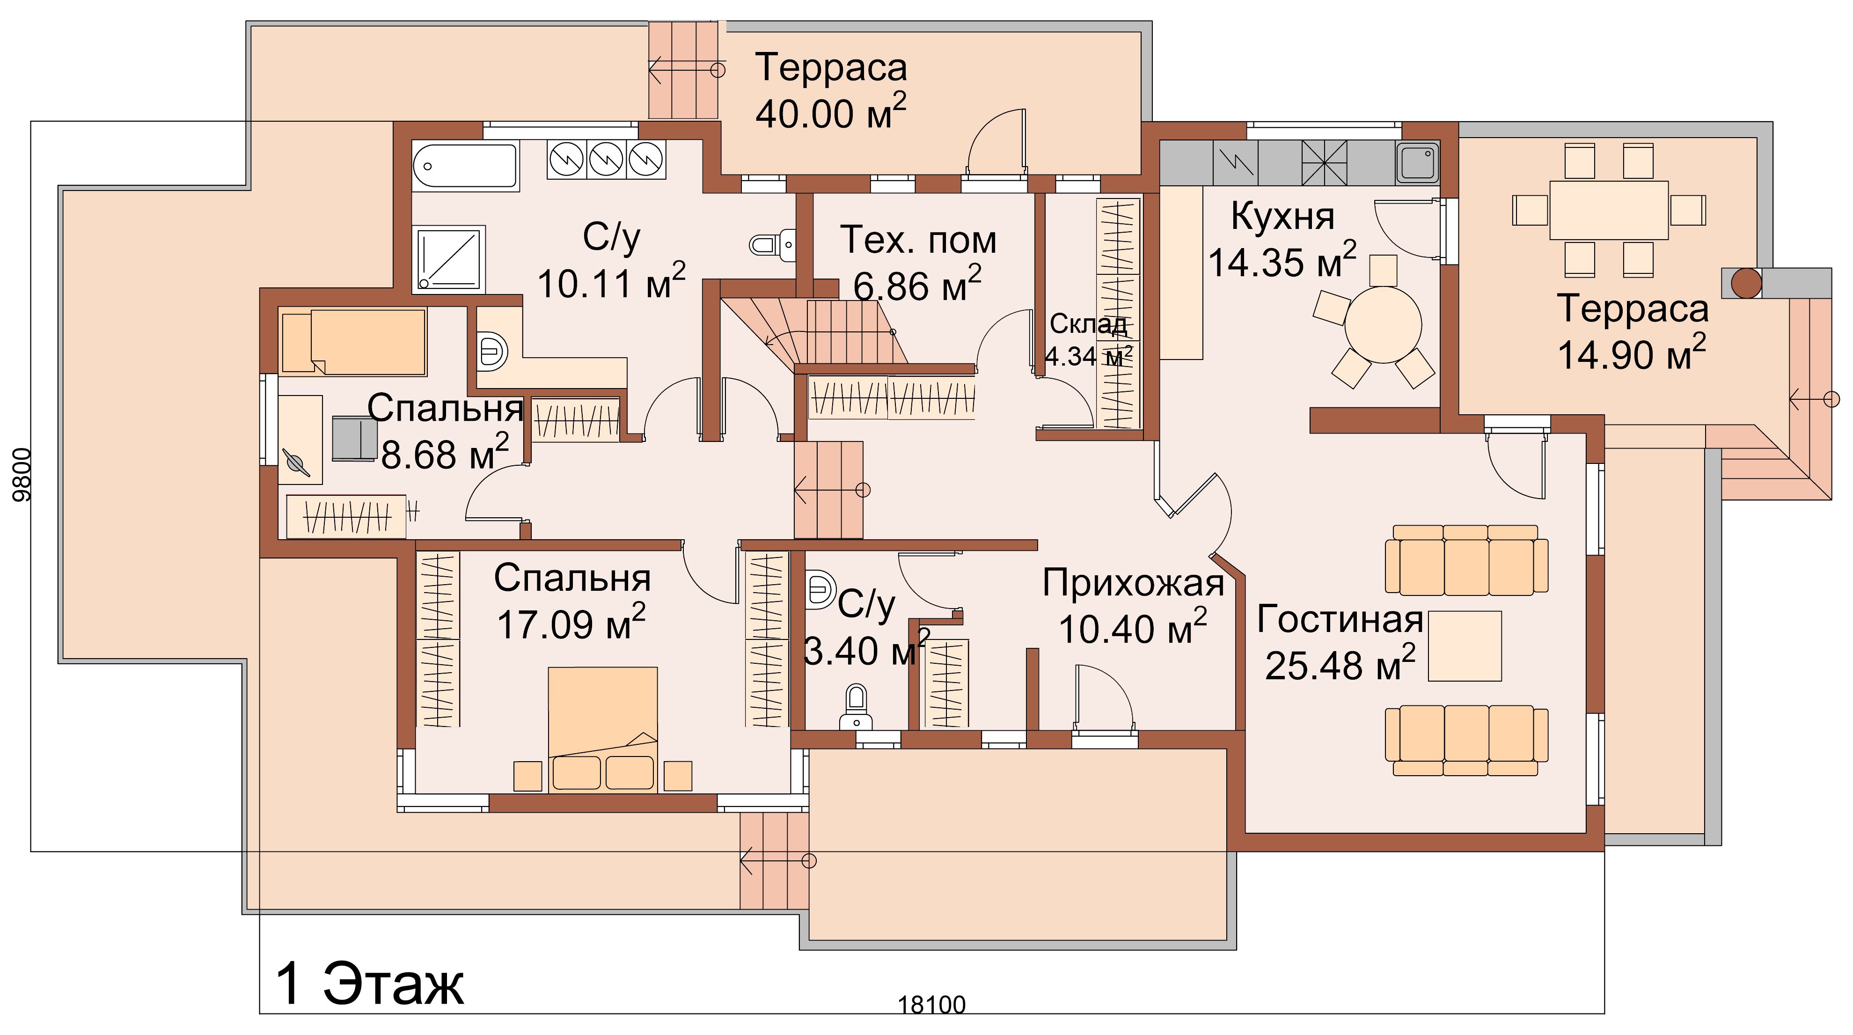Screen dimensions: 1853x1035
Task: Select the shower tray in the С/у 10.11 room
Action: click(x=449, y=259)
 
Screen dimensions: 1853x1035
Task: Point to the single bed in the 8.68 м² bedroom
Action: click(x=352, y=342)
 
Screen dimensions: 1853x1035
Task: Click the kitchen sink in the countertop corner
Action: click(x=1418, y=162)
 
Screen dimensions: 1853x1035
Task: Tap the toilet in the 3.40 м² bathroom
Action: click(x=855, y=706)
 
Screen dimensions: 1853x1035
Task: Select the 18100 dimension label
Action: click(x=931, y=1004)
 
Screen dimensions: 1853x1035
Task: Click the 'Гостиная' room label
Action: click(x=1340, y=619)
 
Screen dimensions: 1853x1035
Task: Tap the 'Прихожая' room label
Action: click(x=1133, y=583)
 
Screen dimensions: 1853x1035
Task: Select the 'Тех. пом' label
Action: click(x=919, y=240)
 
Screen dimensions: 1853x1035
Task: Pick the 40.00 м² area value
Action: click(x=831, y=113)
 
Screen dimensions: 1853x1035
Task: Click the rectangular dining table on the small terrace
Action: click(x=1608, y=210)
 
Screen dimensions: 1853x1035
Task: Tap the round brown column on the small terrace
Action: click(x=1746, y=283)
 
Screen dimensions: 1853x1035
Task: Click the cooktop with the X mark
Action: click(x=1324, y=162)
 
